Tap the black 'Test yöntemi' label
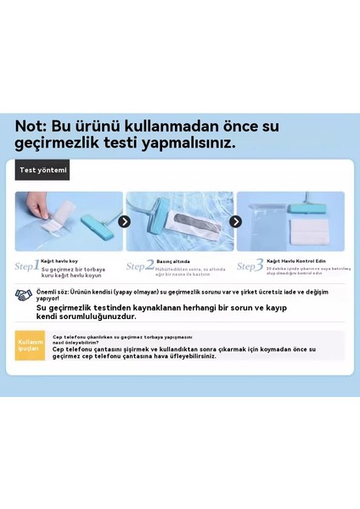coord(42,170)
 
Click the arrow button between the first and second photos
coord(124,221)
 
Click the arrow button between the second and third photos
coord(235,221)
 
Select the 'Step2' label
coord(140,266)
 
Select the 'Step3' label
coord(250,266)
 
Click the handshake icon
coord(24,295)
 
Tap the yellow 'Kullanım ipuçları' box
coord(30,344)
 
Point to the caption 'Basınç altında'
coord(173,260)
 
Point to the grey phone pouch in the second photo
coord(182,231)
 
